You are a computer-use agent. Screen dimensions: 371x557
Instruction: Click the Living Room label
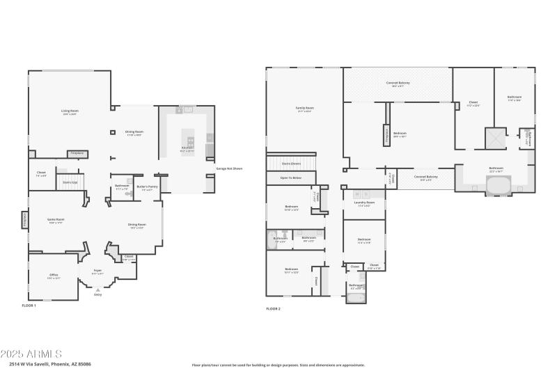click(x=70, y=111)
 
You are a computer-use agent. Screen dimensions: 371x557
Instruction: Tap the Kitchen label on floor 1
click(x=187, y=148)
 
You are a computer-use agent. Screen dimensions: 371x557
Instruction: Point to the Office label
click(x=54, y=276)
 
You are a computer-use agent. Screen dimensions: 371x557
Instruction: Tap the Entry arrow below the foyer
click(x=97, y=289)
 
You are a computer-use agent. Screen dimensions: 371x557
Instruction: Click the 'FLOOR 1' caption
click(x=29, y=306)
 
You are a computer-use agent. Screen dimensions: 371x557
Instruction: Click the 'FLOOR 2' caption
click(x=273, y=308)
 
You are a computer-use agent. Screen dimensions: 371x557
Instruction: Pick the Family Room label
click(x=304, y=109)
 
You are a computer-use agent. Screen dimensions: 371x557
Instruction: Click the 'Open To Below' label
click(x=291, y=178)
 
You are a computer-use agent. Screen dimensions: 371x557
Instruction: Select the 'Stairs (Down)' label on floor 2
click(x=291, y=163)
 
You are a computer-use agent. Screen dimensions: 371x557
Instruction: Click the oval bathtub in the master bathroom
click(x=497, y=187)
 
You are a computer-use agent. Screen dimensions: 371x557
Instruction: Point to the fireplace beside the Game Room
click(x=24, y=220)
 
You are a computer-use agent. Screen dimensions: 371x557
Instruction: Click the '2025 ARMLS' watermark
click(x=31, y=354)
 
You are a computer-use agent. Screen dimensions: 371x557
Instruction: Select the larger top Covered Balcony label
click(x=398, y=84)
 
